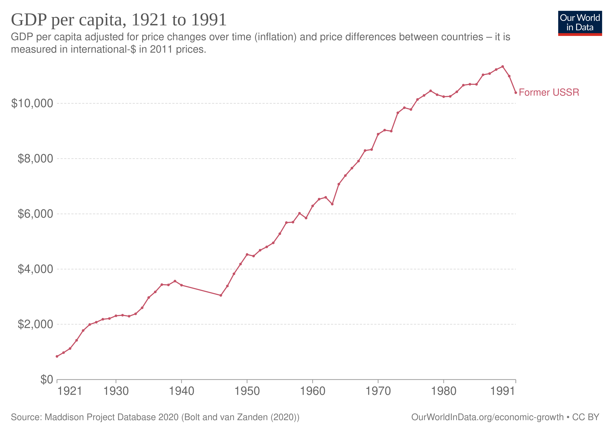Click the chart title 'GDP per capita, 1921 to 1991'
119,20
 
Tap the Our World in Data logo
580,23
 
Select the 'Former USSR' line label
549,92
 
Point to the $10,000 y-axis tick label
32,103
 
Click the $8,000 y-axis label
35,159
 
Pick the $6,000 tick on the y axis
35,214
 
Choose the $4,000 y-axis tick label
35,269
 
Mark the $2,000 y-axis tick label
35,324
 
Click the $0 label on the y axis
47,379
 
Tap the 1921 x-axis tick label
69,391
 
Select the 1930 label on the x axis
116,391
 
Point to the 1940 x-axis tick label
182,391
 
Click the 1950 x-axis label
247,391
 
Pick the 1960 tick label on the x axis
313,391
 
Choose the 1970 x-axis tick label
378,391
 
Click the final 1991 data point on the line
516,93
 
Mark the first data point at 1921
57,356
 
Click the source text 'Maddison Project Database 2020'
111,417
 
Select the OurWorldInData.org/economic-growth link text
487,417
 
